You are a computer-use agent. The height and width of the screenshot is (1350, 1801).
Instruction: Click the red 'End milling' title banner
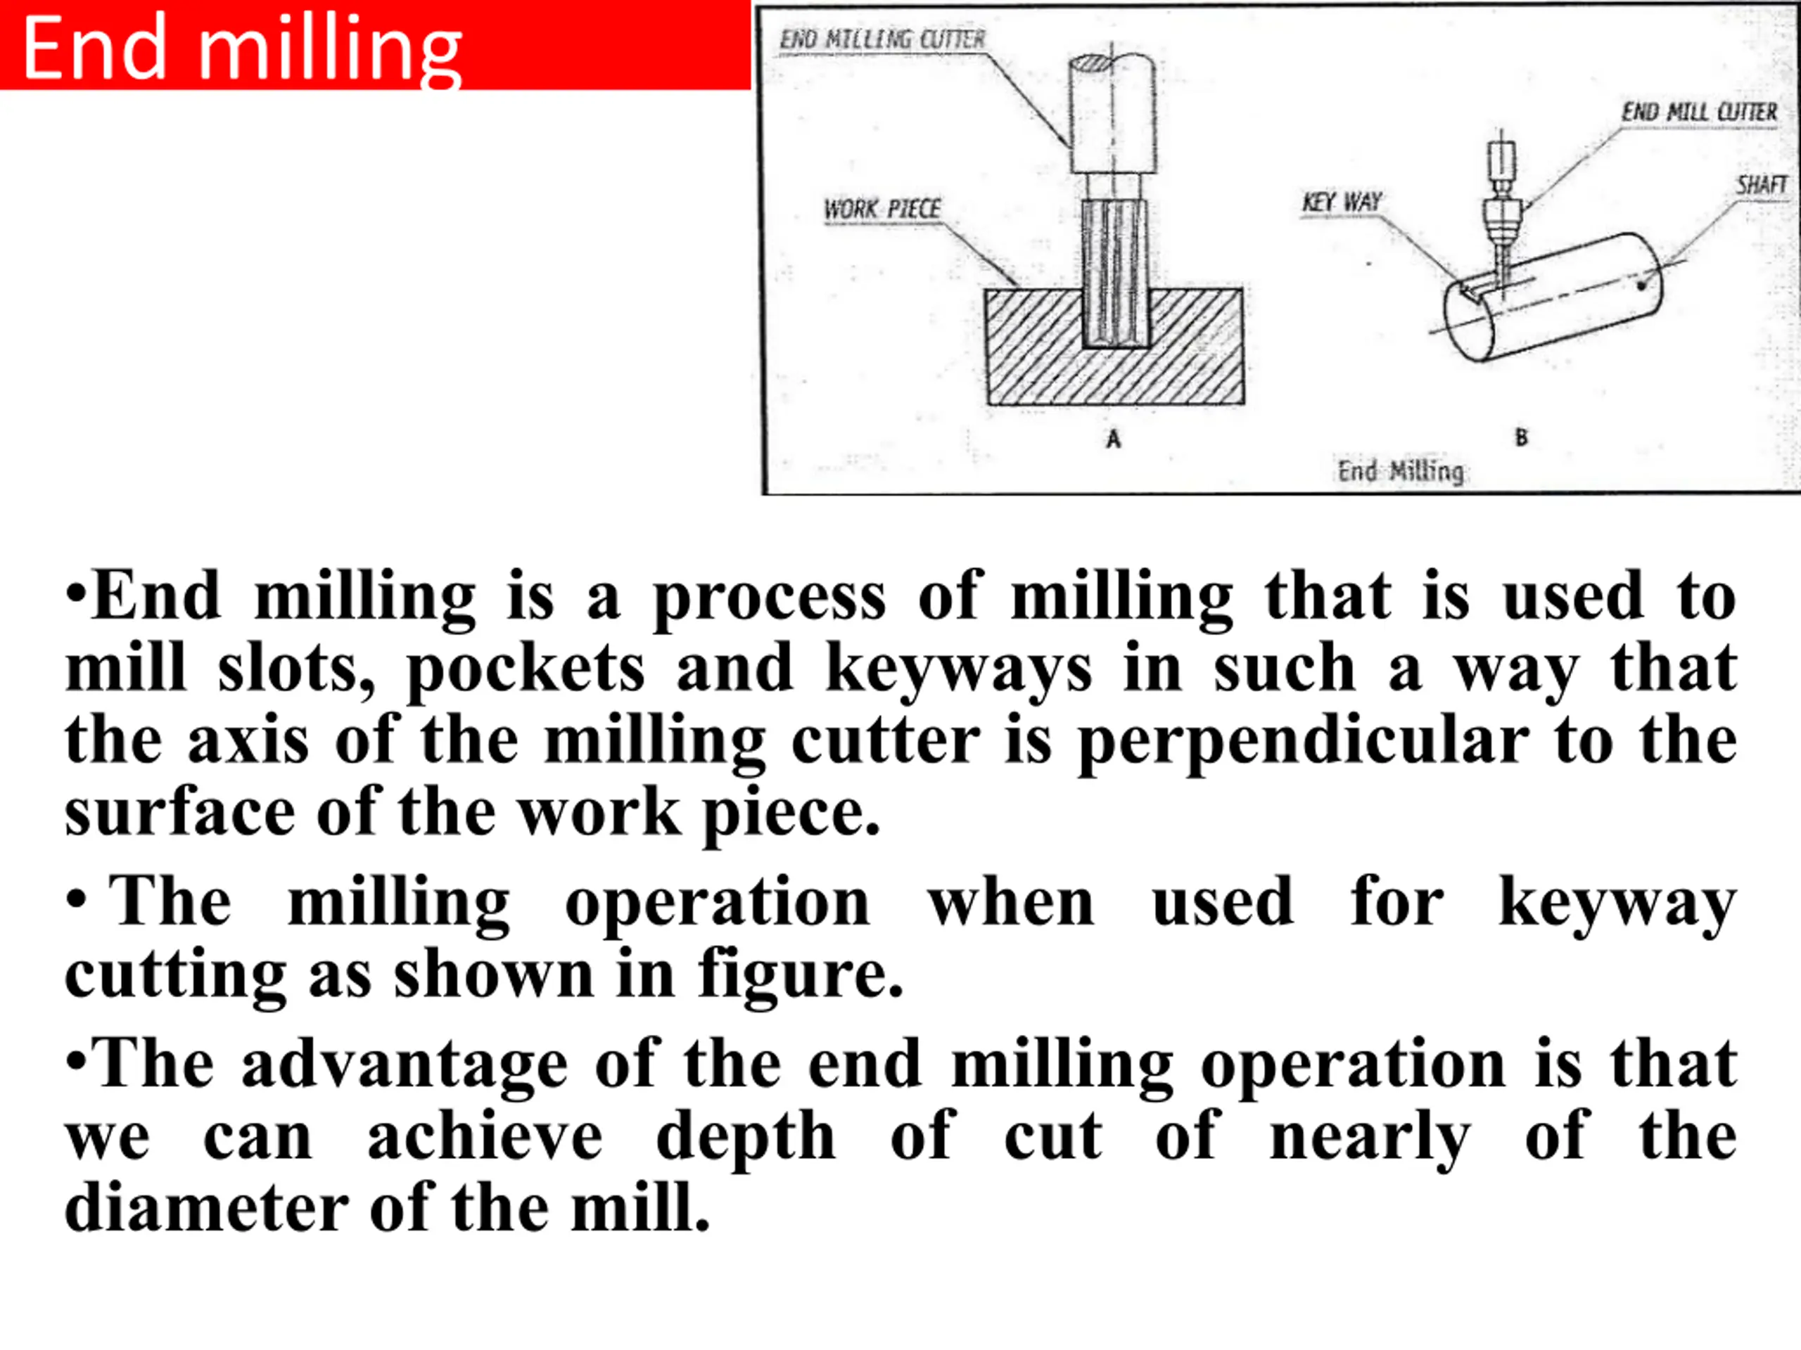pyautogui.click(x=374, y=45)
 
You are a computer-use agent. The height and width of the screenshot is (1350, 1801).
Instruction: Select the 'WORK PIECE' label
pyautogui.click(x=882, y=209)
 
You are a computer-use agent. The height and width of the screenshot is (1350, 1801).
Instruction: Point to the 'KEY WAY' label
pyautogui.click(x=1342, y=201)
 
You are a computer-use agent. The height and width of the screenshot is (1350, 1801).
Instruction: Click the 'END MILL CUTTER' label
pyautogui.click(x=1699, y=112)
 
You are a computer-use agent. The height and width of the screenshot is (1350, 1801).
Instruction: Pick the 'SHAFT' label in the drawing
pyautogui.click(x=1761, y=185)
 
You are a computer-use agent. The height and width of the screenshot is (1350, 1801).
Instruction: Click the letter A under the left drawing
pyautogui.click(x=1113, y=439)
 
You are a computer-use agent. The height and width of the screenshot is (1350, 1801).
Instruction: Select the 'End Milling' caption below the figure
pyautogui.click(x=1401, y=470)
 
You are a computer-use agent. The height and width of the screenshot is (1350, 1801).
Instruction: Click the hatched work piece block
pyautogui.click(x=1114, y=347)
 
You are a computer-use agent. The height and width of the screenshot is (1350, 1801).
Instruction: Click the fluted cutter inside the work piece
pyautogui.click(x=1116, y=274)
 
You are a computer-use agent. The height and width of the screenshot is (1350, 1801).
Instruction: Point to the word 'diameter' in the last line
pyautogui.click(x=207, y=1210)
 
